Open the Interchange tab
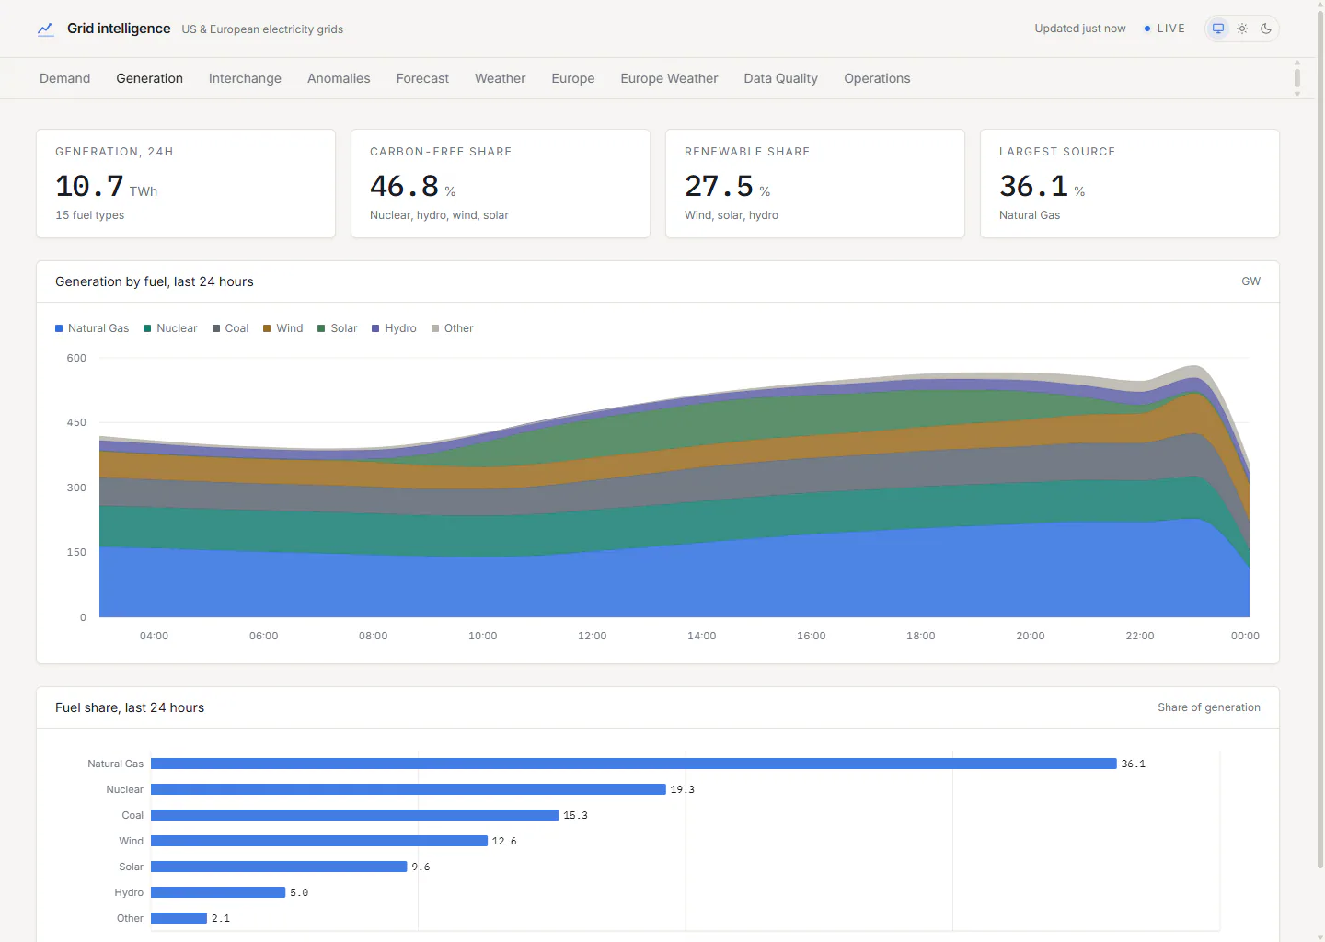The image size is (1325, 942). pos(245,78)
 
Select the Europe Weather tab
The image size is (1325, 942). pos(669,78)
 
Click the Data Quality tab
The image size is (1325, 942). pos(780,78)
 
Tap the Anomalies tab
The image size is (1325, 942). pos(339,78)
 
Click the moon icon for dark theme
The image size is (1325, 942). pos(1266,29)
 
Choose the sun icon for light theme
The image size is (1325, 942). pos(1242,29)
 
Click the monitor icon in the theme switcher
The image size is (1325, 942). pos(1218,29)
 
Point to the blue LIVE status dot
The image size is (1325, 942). pos(1146,29)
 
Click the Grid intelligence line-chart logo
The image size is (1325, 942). pos(46,29)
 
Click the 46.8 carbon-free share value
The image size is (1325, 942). pos(404,186)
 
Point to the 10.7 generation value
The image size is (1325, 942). pos(89,186)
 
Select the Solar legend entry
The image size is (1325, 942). pos(337,328)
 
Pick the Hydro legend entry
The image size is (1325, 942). pos(394,328)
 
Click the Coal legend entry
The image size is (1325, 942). pos(230,328)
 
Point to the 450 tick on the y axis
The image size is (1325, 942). pos(76,422)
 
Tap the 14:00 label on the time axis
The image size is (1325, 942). pos(701,636)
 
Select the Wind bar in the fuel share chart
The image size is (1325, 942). pos(318,841)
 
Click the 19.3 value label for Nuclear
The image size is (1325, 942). pos(682,789)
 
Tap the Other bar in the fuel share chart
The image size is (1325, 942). pos(179,918)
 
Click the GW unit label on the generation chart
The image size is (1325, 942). pos(1250,281)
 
